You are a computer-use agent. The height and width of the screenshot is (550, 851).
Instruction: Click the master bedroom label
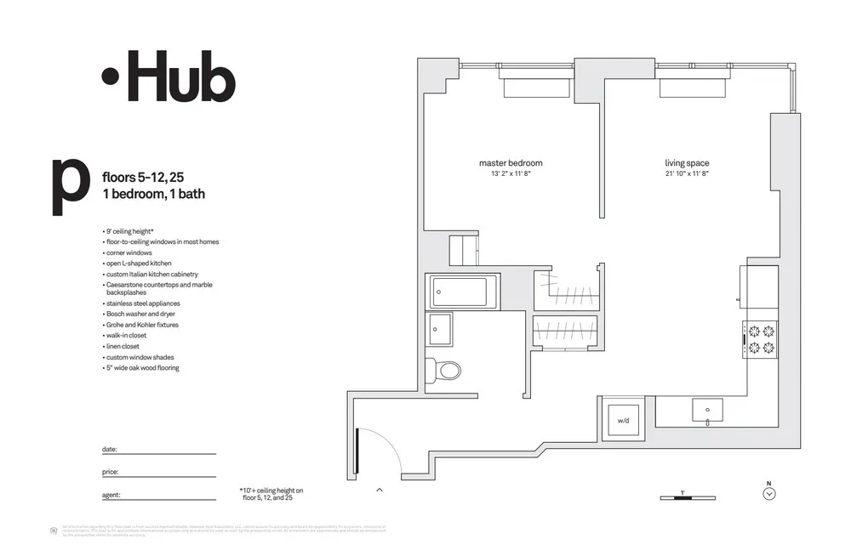tap(511, 163)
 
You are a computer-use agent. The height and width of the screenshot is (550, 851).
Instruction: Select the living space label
tap(687, 163)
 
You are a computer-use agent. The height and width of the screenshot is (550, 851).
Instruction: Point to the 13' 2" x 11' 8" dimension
tap(511, 173)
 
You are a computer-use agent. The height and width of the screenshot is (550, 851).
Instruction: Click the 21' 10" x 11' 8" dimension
tap(687, 173)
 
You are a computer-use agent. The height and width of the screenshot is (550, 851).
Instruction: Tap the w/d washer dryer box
tap(622, 420)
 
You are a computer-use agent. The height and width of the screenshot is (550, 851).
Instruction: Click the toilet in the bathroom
tap(445, 370)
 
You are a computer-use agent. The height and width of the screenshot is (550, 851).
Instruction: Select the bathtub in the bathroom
tap(459, 292)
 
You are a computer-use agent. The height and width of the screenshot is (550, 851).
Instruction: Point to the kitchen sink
tap(708, 411)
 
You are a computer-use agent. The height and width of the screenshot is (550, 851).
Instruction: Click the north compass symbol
tap(769, 493)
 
